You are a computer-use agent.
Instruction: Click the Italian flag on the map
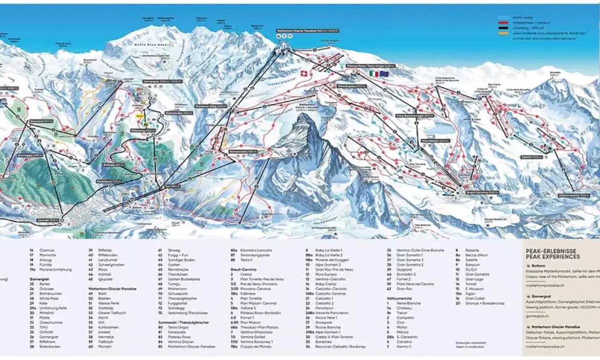click(x=373, y=73)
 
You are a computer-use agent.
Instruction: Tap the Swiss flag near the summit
click(x=301, y=73)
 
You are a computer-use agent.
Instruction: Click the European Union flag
click(x=383, y=73)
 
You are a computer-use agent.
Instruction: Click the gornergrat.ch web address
click(x=538, y=315)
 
